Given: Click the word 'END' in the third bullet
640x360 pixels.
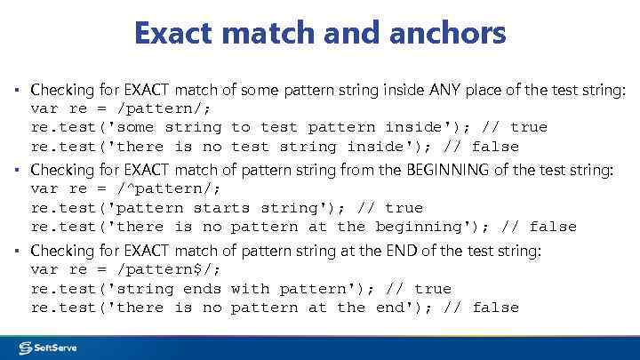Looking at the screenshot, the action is [402, 251].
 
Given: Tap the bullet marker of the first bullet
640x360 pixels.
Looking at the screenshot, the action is [17, 90].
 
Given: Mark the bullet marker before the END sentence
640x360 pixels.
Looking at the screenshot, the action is [17, 251].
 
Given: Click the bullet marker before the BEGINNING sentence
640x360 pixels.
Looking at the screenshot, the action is [17, 170].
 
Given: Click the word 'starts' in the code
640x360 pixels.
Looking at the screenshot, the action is [221, 208].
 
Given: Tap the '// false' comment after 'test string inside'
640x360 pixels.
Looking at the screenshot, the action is [485, 147].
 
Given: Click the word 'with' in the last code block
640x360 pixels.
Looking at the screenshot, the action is [250, 289].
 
